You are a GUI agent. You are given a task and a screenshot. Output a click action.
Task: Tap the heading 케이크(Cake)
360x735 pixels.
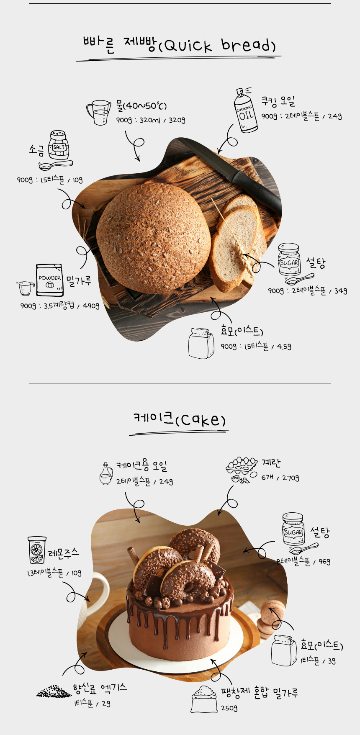pos(180,419)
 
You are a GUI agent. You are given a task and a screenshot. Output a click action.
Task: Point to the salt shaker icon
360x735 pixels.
pos(59,145)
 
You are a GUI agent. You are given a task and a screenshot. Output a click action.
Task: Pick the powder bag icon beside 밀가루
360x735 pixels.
pos(49,280)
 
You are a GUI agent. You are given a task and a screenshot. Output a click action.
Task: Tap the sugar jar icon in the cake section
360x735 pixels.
pos(293,529)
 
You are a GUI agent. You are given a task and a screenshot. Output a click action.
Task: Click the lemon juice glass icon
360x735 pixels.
pos(37,550)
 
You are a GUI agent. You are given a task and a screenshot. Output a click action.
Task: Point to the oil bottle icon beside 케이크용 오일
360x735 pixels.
pos(106,474)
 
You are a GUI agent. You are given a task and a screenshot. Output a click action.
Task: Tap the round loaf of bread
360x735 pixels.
pos(153,237)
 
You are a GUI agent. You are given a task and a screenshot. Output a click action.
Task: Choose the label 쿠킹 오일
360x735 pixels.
pos(278,101)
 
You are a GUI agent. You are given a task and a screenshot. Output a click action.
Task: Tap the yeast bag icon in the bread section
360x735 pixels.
pos(201,343)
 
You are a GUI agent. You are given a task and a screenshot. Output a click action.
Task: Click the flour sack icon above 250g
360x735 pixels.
pos(204,699)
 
